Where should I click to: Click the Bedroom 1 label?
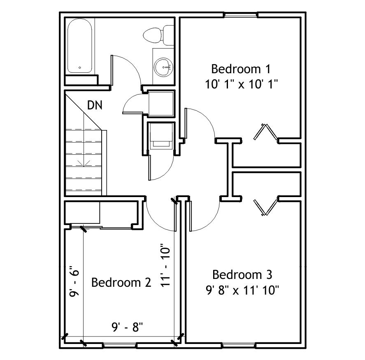[x=241, y=69]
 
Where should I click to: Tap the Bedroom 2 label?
[x=121, y=283]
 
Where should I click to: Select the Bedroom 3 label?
[x=242, y=275]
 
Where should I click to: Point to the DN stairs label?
[x=95, y=105]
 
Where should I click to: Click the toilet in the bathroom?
[x=158, y=35]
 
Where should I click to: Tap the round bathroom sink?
[x=163, y=67]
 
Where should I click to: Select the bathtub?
[x=79, y=46]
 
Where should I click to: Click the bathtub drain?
[x=79, y=68]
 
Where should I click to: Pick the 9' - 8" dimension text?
[x=127, y=327]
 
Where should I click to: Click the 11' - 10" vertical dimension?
[x=165, y=265]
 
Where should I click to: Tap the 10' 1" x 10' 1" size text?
[x=242, y=84]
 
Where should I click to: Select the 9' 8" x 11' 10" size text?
[x=242, y=290]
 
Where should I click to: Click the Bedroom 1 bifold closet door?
[x=265, y=132]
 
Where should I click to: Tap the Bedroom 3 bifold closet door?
[x=266, y=207]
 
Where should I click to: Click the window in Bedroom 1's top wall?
[x=241, y=15]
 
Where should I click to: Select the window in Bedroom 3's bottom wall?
[x=239, y=345]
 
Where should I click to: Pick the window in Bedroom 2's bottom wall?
[x=120, y=345]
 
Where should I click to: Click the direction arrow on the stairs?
[x=84, y=163]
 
